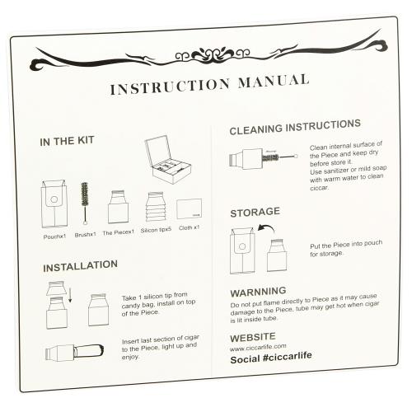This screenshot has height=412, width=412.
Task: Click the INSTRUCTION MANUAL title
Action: tap(209, 84)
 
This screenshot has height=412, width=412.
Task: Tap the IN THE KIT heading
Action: tap(67, 141)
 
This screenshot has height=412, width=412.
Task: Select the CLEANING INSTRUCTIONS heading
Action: tap(295, 127)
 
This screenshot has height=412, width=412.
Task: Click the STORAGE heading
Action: tap(255, 212)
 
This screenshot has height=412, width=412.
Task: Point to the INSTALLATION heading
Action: tap(81, 265)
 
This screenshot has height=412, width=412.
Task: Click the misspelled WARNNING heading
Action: tap(258, 292)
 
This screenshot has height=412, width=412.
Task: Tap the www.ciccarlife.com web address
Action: tap(258, 348)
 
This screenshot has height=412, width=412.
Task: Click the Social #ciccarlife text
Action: tap(271, 358)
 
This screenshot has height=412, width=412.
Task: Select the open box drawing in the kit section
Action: tap(168, 160)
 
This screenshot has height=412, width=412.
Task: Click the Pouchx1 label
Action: tap(54, 236)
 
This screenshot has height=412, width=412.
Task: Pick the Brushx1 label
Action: tap(86, 235)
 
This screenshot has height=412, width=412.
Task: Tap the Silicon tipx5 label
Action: tap(156, 230)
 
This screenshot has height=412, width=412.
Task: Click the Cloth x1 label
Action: tap(189, 227)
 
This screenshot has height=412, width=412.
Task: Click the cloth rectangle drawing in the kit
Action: tap(190, 208)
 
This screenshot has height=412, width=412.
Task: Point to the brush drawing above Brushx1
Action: tap(85, 204)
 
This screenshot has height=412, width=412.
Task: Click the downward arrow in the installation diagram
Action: tap(70, 295)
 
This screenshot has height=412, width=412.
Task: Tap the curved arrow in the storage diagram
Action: tap(266, 227)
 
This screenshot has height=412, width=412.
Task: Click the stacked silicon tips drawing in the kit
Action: tap(156, 207)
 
